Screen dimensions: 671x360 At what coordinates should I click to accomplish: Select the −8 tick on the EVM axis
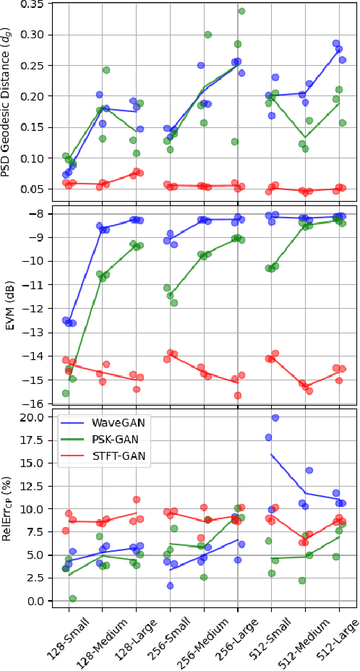[x=37, y=213]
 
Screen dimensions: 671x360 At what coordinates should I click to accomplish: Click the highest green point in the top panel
[x=242, y=11]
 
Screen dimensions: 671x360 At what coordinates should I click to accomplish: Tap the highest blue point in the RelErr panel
[x=275, y=418]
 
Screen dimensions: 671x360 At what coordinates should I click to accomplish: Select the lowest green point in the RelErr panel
[x=72, y=599]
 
